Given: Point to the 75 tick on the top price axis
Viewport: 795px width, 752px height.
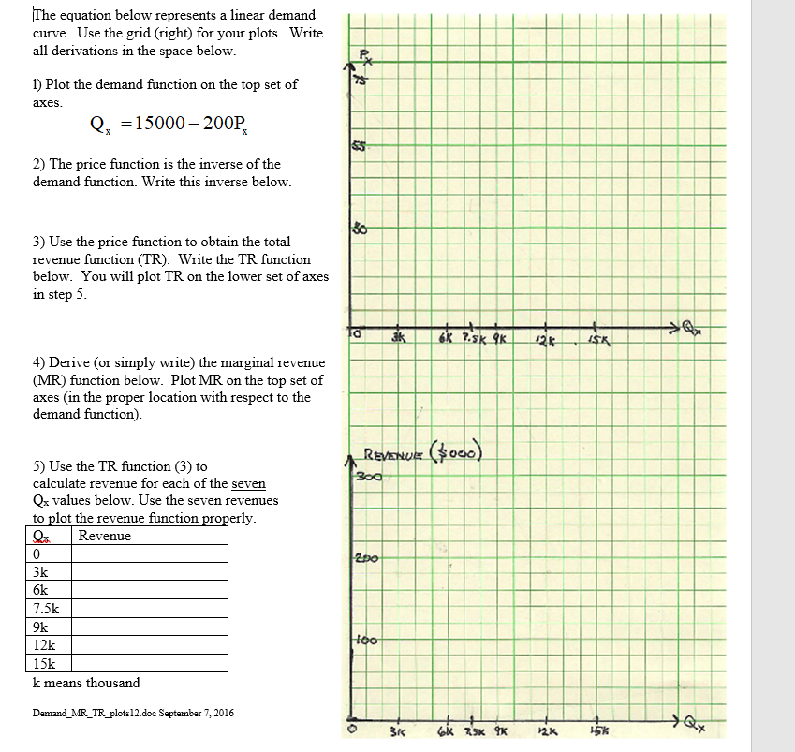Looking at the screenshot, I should pyautogui.click(x=361, y=85).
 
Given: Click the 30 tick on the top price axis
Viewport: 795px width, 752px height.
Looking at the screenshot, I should pyautogui.click(x=360, y=229).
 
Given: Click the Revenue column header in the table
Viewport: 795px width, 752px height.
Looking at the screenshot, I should pyautogui.click(x=105, y=536).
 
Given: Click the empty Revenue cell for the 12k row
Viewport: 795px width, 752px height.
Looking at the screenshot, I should pyautogui.click(x=150, y=645).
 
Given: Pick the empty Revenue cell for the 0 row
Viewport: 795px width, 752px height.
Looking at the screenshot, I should pyautogui.click(x=150, y=553).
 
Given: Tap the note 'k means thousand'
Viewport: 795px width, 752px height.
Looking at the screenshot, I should pyautogui.click(x=86, y=683).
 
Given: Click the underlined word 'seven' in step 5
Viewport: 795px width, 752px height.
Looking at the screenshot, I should pyautogui.click(x=248, y=483).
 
